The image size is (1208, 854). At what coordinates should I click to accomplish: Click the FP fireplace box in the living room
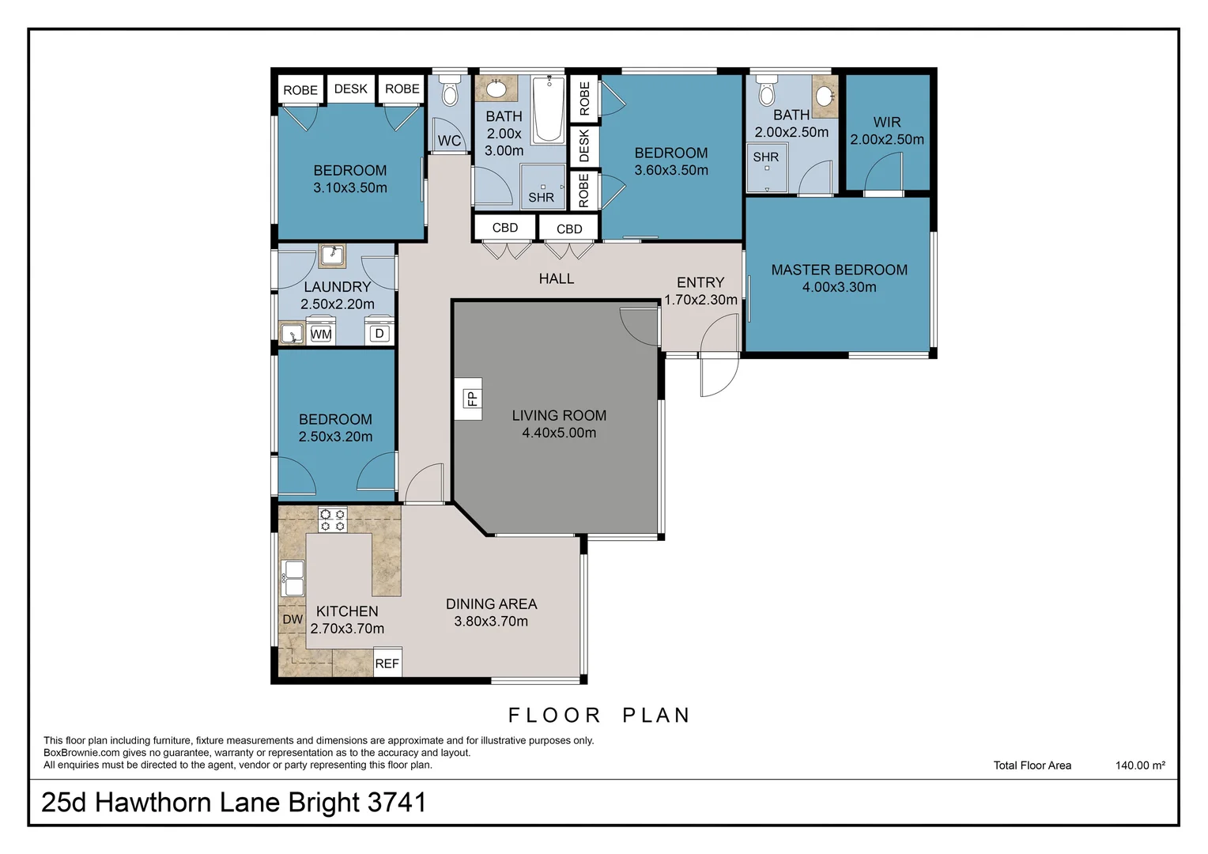coord(471,399)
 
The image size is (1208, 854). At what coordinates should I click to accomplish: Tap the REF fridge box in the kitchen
coord(387,663)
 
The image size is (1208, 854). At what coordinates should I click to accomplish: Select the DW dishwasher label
coord(293,619)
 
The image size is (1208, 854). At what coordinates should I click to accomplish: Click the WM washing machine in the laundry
coord(320,334)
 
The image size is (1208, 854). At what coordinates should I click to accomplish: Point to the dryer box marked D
coord(379,334)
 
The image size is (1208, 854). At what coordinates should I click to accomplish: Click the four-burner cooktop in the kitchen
coord(332,520)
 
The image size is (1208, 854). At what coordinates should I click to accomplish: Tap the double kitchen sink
coord(293,578)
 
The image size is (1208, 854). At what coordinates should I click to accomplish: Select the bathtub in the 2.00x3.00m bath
coord(548,109)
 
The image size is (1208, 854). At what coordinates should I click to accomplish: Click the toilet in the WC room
coord(450,93)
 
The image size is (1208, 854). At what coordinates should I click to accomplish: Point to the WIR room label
coord(886,122)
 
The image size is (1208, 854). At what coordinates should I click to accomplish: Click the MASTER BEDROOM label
coord(839,270)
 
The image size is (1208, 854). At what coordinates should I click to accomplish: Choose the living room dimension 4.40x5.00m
coord(559,433)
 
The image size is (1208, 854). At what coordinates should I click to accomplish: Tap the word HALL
coord(557,278)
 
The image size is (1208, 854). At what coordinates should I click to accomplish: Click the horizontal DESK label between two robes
coord(350,89)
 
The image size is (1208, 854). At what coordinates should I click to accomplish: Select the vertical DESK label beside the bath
coord(584,146)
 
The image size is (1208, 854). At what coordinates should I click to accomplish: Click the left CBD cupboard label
coord(504,228)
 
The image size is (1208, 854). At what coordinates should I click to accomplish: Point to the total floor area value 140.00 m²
coord(1140,765)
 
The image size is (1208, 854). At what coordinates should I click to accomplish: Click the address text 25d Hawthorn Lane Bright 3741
coord(233,802)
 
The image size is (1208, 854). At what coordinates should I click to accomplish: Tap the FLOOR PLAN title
coord(599,715)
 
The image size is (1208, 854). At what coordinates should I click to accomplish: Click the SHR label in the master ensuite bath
coord(765,157)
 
